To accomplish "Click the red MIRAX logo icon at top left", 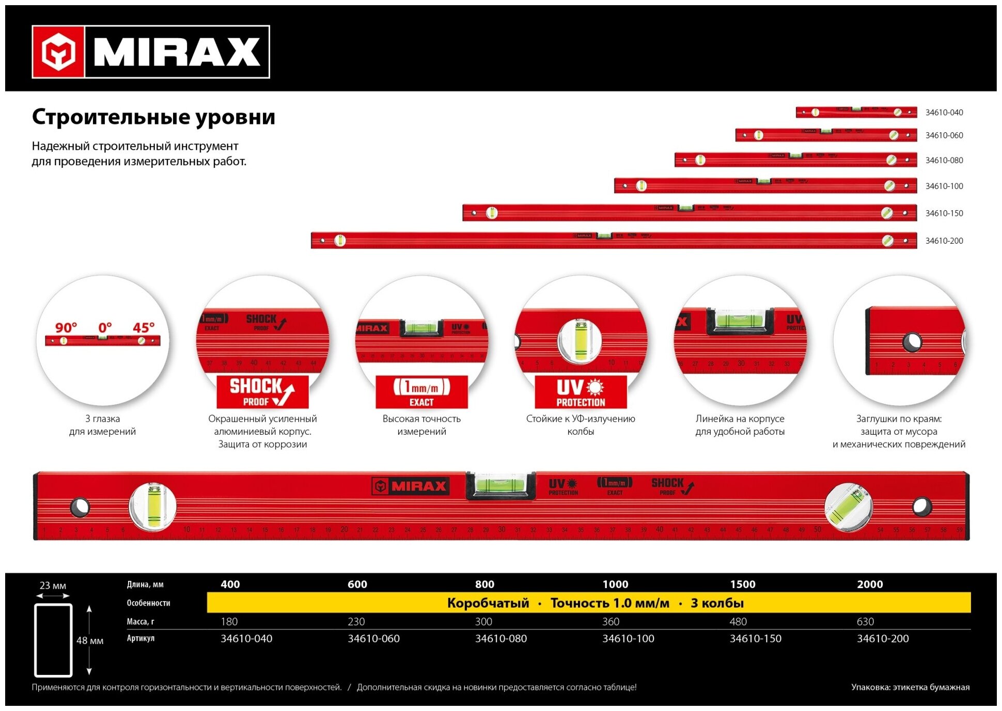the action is pos(58,52).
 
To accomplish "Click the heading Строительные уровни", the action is pos(153,117).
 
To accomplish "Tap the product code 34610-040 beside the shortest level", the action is pos(944,113).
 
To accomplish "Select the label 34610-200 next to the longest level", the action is pos(944,241).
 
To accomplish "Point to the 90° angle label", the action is pos(66,328).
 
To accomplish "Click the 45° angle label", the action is pos(144,328).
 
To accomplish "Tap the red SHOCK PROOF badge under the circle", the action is pos(262,392).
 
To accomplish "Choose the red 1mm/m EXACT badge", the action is pos(421,392).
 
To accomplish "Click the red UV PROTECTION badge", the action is pos(581,392).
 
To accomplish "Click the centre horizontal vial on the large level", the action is pos(500,485).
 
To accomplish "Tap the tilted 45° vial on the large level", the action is pos(848,507).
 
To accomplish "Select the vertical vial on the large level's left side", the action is pos(153,507).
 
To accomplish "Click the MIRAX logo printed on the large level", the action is pos(411,486).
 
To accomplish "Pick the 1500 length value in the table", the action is pos(742,584).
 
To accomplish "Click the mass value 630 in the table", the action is pos(865,622).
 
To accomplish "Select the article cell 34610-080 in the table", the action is pos(500,639).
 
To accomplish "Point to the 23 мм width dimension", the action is pos(53,586).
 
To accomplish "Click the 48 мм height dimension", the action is pos(90,641).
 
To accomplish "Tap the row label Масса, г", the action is pos(140,622).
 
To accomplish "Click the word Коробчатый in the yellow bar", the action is pos(488,603).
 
